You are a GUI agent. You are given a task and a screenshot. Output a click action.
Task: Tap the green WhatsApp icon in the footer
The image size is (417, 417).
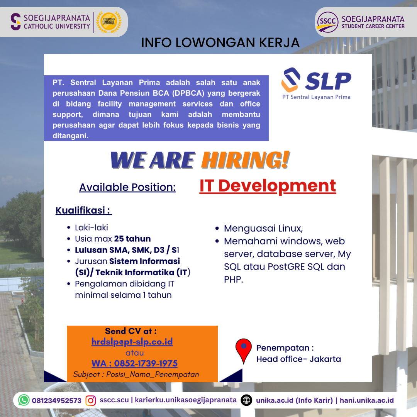[x=24, y=400]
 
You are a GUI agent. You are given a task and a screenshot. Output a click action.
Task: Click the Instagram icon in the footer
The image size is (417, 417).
[x=90, y=400]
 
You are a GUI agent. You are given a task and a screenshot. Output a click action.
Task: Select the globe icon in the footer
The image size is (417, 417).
[x=246, y=400]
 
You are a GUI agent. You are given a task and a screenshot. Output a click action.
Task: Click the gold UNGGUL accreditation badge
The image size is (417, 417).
[x=109, y=22]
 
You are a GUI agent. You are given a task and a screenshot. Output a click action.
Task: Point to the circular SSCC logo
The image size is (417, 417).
[x=327, y=22]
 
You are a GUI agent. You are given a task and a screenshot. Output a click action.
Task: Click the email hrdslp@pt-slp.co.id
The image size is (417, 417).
[x=132, y=341]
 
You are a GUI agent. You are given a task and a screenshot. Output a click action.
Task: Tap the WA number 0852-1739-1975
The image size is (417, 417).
[x=135, y=363]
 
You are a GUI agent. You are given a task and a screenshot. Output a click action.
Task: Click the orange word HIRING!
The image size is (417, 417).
[x=245, y=160]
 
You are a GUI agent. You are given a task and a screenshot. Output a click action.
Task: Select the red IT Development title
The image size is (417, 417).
[x=268, y=186]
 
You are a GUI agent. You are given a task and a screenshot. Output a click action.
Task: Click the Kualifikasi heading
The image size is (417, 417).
[x=83, y=210]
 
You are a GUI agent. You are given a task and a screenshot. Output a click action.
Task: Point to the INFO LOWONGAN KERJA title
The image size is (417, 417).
[x=220, y=42]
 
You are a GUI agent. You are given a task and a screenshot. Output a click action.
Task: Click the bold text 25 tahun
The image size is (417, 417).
[x=132, y=239]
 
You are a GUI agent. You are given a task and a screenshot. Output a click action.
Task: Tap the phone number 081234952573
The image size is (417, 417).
[x=57, y=400]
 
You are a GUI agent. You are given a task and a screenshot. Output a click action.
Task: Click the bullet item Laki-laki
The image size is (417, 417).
[x=92, y=228]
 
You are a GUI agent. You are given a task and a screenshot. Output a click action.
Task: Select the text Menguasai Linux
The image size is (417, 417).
[x=263, y=229]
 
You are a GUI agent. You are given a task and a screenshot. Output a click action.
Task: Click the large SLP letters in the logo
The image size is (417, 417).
[x=328, y=81]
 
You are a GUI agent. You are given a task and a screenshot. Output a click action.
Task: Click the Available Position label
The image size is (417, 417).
[x=127, y=187]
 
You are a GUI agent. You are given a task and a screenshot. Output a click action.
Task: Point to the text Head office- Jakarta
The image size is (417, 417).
[x=298, y=359]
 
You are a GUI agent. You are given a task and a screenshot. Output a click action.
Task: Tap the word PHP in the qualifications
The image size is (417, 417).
[x=234, y=280]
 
